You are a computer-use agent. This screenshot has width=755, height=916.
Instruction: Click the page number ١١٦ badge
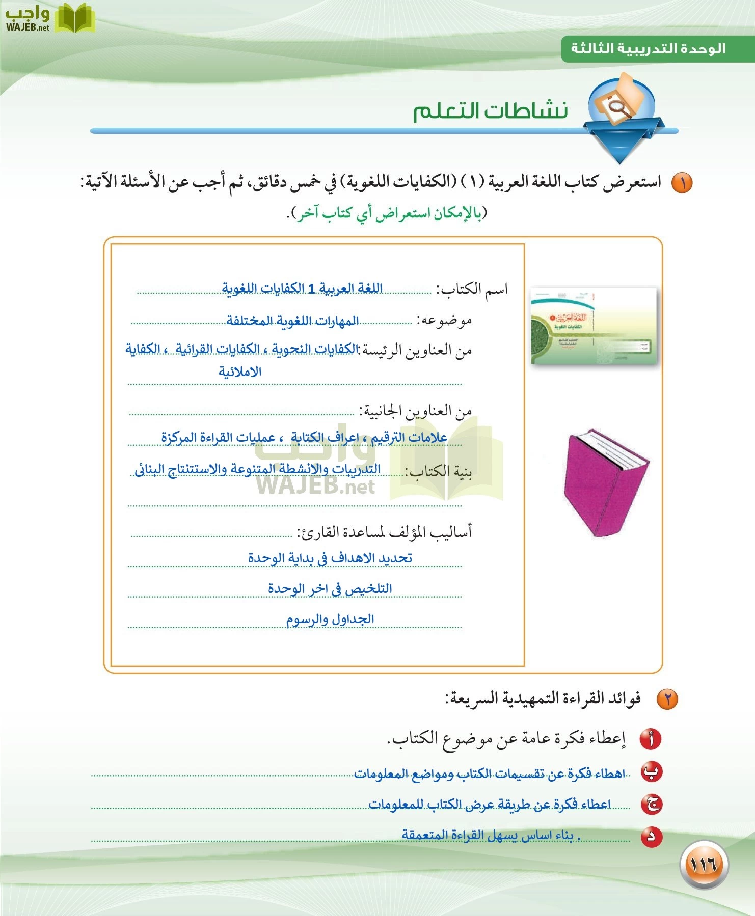click(704, 864)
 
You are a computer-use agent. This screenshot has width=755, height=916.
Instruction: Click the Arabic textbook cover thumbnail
click(594, 326)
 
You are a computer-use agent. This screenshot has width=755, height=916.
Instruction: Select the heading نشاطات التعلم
click(490, 110)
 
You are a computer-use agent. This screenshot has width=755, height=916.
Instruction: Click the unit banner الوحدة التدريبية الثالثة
click(648, 49)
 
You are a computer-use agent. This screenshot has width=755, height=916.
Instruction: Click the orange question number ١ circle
click(681, 182)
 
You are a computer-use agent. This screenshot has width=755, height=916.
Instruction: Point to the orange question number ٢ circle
click(667, 699)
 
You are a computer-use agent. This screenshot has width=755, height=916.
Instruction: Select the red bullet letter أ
click(651, 739)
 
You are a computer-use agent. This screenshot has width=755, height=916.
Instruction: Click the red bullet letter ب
click(651, 772)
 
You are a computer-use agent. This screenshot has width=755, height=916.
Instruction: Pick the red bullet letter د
click(652, 836)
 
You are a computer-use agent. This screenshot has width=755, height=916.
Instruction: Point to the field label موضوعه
click(444, 320)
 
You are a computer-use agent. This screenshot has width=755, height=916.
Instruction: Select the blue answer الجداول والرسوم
click(330, 619)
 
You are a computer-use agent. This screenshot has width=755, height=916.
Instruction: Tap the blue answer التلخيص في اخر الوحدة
click(330, 588)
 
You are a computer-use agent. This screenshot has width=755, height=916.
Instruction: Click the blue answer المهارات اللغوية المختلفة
click(292, 321)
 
